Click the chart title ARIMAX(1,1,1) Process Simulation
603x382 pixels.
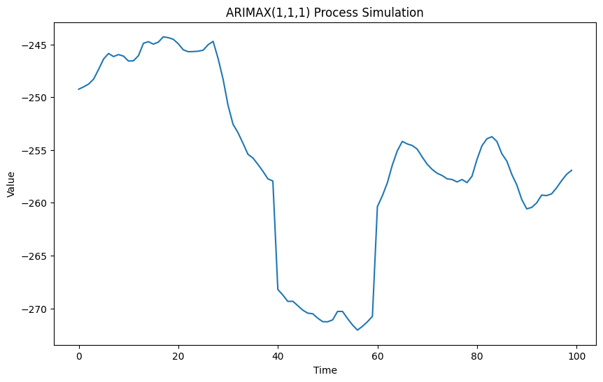click(x=325, y=13)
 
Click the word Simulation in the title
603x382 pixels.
click(x=392, y=13)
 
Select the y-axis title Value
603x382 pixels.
click(x=11, y=184)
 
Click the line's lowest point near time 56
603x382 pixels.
click(x=357, y=330)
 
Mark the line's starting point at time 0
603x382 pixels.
click(x=79, y=89)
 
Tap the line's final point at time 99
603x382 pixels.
click(x=572, y=170)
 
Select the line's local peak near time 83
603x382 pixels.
click(x=492, y=137)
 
